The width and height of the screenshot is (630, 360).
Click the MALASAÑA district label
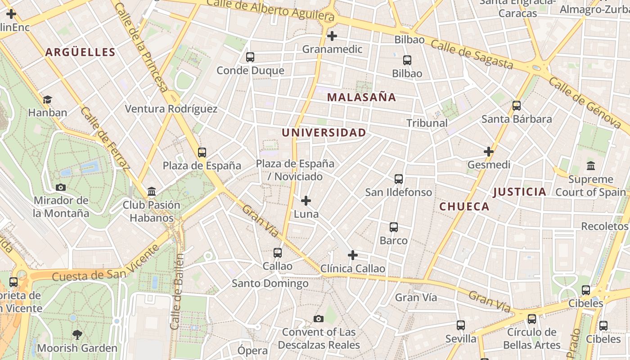tap(361, 97)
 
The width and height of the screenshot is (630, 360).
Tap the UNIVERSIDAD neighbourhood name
tap(324, 133)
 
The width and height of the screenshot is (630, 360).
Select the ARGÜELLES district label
tap(80, 52)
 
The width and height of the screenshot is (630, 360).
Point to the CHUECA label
tap(464, 207)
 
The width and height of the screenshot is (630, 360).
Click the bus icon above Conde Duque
tap(250, 57)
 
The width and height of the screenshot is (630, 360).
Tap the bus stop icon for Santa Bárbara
tap(517, 106)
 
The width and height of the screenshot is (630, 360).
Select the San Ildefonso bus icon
tap(399, 179)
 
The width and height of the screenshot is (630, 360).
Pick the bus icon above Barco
tap(394, 227)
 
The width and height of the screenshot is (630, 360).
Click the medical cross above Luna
tap(306, 200)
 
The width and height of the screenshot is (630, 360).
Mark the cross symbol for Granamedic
tap(332, 36)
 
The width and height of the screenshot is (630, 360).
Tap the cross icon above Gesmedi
tap(489, 152)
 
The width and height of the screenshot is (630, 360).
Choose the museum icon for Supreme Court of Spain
tap(591, 166)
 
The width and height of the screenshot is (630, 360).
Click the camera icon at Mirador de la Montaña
tap(61, 187)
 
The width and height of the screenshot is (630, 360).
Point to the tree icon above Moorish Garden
tap(77, 334)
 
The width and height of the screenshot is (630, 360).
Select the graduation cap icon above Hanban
tap(47, 99)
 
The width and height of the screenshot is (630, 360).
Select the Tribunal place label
tap(427, 123)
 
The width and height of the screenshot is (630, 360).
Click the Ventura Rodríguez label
tap(171, 109)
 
